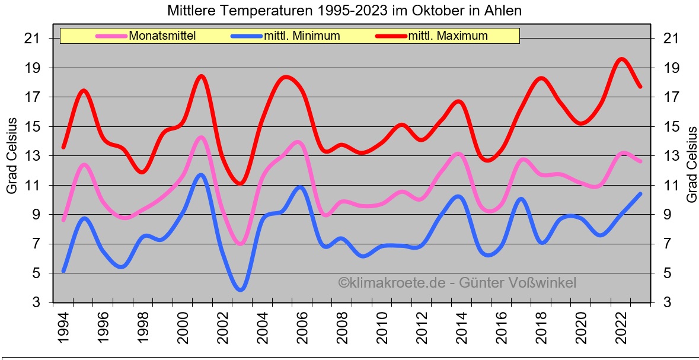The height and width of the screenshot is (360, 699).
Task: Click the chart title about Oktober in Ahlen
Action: click(x=344, y=11)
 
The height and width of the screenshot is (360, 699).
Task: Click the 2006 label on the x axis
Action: click(x=301, y=327)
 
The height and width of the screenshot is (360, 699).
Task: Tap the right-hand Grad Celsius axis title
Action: click(x=691, y=164)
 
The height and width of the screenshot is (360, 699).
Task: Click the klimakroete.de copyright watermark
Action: click(x=457, y=283)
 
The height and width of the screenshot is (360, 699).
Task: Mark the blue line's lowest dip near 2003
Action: click(x=241, y=289)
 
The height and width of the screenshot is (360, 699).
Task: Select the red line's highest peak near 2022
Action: click(x=621, y=59)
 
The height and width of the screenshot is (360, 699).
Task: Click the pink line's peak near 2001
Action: click(x=201, y=138)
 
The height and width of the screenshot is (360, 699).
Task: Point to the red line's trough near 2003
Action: click(x=240, y=183)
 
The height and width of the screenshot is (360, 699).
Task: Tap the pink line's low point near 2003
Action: click(x=240, y=244)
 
